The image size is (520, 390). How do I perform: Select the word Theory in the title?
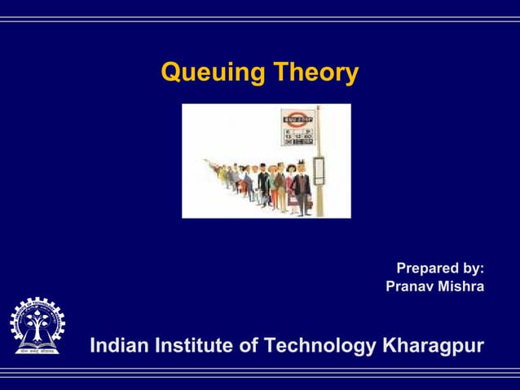pos(314,73)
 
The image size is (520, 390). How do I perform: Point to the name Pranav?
pos(410,286)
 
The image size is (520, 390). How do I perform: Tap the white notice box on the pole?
pos(319,169)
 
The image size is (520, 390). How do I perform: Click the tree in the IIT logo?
pos(37,325)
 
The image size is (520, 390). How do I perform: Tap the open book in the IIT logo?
pos(37,340)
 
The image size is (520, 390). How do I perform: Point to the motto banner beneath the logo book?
pos(37,351)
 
